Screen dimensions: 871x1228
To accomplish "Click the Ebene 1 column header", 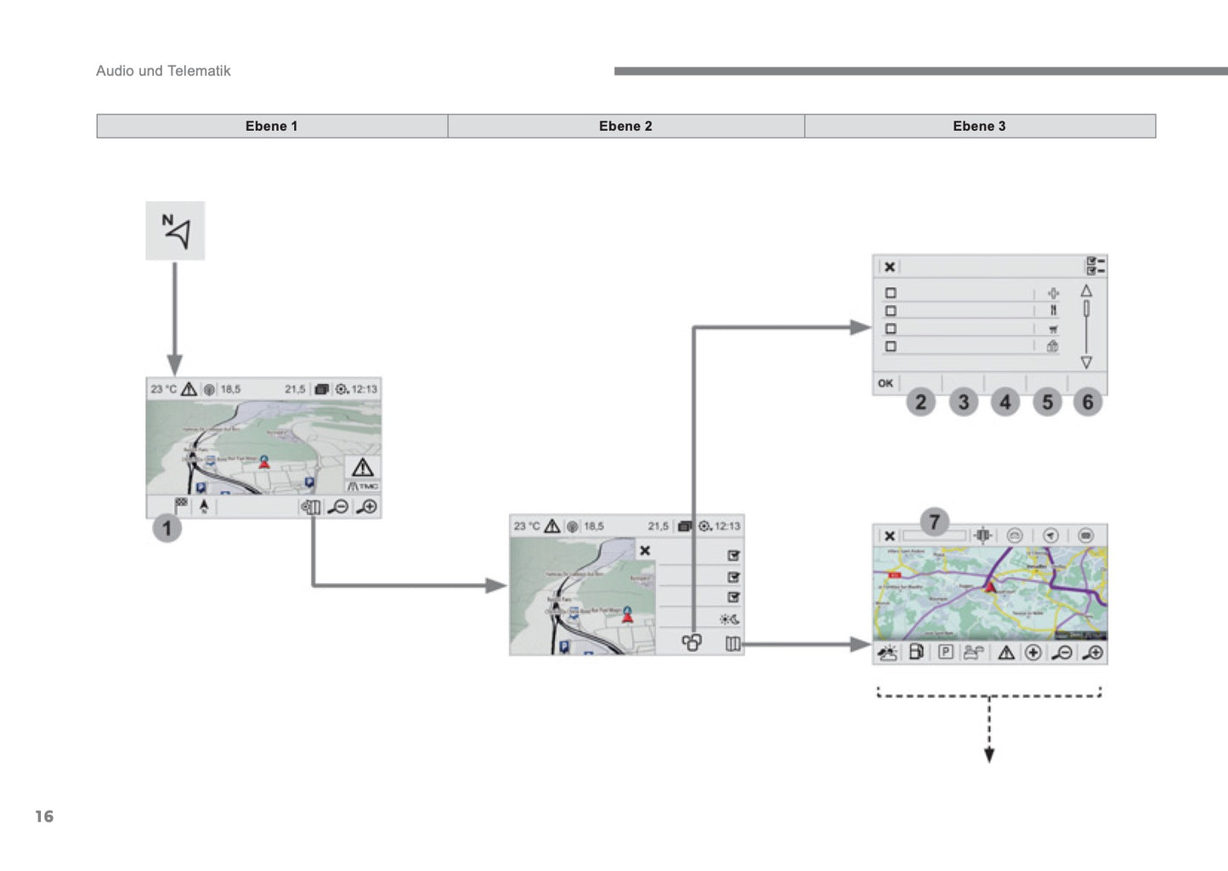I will (272, 126).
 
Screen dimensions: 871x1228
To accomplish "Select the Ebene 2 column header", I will (625, 126).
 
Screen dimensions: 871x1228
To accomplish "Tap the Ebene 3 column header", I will (979, 126).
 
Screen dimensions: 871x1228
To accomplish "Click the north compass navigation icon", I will (176, 231).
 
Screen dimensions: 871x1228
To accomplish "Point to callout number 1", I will (167, 529).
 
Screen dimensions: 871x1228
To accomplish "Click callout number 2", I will (921, 402).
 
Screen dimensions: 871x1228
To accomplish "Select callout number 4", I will (1005, 402).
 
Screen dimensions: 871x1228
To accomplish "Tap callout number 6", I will (1088, 402).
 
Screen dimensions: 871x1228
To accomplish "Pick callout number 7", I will (934, 522).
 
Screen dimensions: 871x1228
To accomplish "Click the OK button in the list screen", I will (886, 383).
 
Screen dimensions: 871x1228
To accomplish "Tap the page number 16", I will (44, 817).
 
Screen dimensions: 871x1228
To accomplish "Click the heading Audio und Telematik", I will (163, 71).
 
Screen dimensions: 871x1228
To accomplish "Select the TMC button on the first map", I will (363, 486).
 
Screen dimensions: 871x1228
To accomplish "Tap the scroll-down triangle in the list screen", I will (1086, 363).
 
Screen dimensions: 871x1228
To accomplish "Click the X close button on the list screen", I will (889, 267).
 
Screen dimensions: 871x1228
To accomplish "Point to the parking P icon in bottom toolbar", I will (946, 653).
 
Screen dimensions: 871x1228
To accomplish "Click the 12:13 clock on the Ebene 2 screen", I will (727, 526).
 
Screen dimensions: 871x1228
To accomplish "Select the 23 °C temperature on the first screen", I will (164, 389).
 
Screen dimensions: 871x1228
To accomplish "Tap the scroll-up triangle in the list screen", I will (1086, 291).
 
